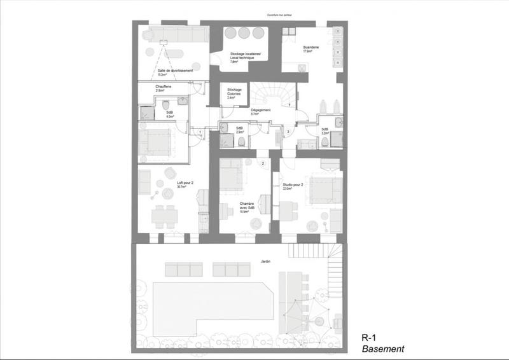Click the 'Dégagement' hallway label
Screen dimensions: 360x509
tap(261, 111)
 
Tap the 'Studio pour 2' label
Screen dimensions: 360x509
tap(292, 185)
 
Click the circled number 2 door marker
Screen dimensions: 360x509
tap(262, 163)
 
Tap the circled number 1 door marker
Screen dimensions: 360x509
tap(200, 132)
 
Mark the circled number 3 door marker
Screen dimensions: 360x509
tap(288, 132)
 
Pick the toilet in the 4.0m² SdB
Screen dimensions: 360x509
tap(165, 105)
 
